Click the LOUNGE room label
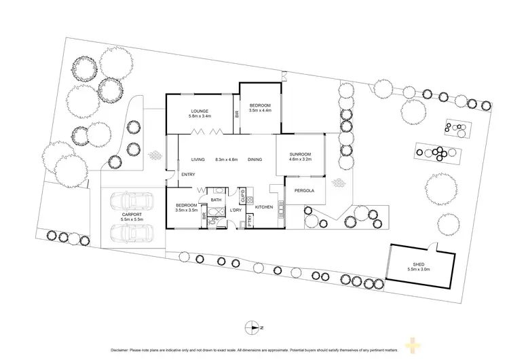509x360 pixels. tap(199, 111)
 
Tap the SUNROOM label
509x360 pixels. tap(299, 154)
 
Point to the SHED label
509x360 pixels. tap(418, 265)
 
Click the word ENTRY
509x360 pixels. tap(187, 175)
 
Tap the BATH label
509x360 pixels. tap(216, 200)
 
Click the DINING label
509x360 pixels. tap(255, 160)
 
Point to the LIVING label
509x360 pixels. tap(197, 160)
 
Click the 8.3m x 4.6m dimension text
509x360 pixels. tap(226, 160)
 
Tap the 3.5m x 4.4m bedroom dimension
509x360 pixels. tap(260, 111)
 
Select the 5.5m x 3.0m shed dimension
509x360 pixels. tap(418, 270)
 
